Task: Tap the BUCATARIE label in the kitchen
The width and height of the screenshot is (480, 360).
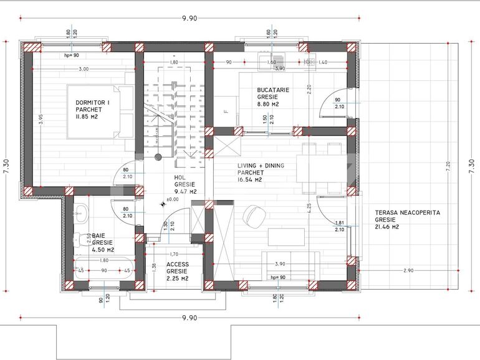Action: [x=273, y=90]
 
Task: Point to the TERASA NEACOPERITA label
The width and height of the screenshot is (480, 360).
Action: [x=408, y=212]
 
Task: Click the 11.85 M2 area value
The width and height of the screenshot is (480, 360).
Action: [x=87, y=116]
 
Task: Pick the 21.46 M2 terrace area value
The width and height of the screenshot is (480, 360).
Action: [x=387, y=227]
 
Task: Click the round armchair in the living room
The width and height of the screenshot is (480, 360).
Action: [x=253, y=215]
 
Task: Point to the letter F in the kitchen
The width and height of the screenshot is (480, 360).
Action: [x=226, y=112]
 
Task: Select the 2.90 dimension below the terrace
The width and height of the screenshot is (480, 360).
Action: [x=409, y=270]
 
